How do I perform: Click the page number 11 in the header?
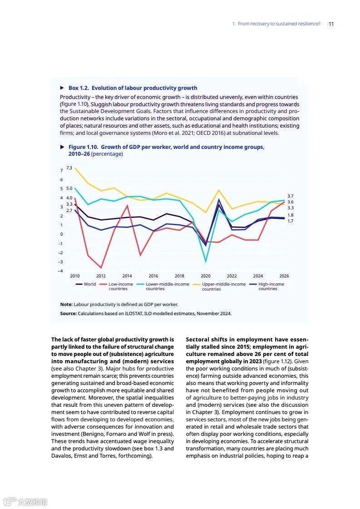(x=331, y=24)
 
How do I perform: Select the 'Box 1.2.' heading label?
(x=79, y=88)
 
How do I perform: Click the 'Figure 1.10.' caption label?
(x=83, y=147)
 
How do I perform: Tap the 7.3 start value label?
(x=69, y=168)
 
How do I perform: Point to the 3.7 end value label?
(x=291, y=196)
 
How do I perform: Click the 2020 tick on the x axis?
(x=206, y=276)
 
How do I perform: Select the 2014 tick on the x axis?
(x=127, y=276)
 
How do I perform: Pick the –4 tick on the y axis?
(x=60, y=271)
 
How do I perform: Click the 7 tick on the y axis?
(x=61, y=171)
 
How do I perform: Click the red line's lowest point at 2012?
(x=101, y=268)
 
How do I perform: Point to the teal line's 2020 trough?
(x=206, y=262)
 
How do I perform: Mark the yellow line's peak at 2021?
(x=219, y=190)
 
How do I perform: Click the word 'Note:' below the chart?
(x=66, y=305)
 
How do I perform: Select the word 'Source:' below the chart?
(x=69, y=314)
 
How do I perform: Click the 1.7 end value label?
(x=291, y=221)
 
